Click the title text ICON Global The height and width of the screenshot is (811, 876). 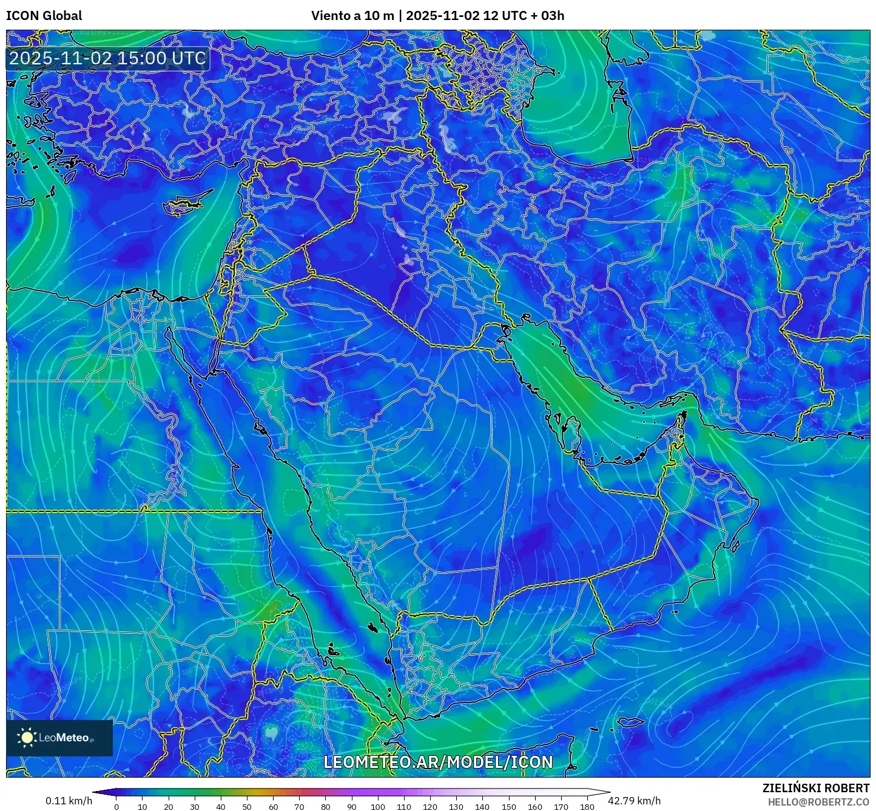pos(44,16)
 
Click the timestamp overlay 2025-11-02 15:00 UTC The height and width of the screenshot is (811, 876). pos(107,58)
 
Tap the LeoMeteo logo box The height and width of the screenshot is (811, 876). pos(59,738)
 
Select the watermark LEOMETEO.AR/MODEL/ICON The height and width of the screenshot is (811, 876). pos(438,762)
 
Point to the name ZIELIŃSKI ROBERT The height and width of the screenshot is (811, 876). pos(815,788)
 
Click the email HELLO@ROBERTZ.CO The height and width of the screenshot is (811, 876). pos(818,801)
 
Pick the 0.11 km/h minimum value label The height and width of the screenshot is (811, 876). pos(69,801)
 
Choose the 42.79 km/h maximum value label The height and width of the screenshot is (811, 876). pos(635,801)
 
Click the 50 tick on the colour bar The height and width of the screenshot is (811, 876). pos(247,807)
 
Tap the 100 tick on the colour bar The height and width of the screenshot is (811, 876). pos(378,807)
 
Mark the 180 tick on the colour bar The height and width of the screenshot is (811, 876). pos(587,807)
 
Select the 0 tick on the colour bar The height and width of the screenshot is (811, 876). pos(116,807)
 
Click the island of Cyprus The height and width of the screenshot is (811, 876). pos(185,204)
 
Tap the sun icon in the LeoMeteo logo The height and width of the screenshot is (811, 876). pos(27,738)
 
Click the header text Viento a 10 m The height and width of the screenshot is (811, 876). pos(352,16)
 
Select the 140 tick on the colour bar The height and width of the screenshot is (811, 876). pos(482,807)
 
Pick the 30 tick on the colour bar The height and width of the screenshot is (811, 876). pos(195,807)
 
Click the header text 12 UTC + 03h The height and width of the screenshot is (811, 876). pos(523,16)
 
